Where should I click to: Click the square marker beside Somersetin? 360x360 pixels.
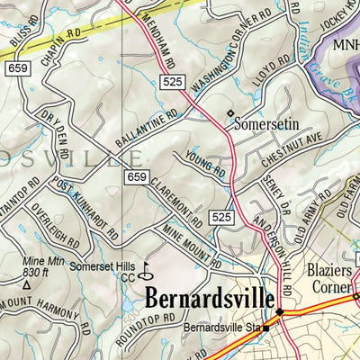click(229, 113)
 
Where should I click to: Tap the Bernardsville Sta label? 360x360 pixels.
click(223, 328)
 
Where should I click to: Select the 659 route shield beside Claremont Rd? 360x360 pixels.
click(136, 176)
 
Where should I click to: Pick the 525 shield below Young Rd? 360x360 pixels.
click(222, 217)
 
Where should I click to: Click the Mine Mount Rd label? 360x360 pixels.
click(186, 247)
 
